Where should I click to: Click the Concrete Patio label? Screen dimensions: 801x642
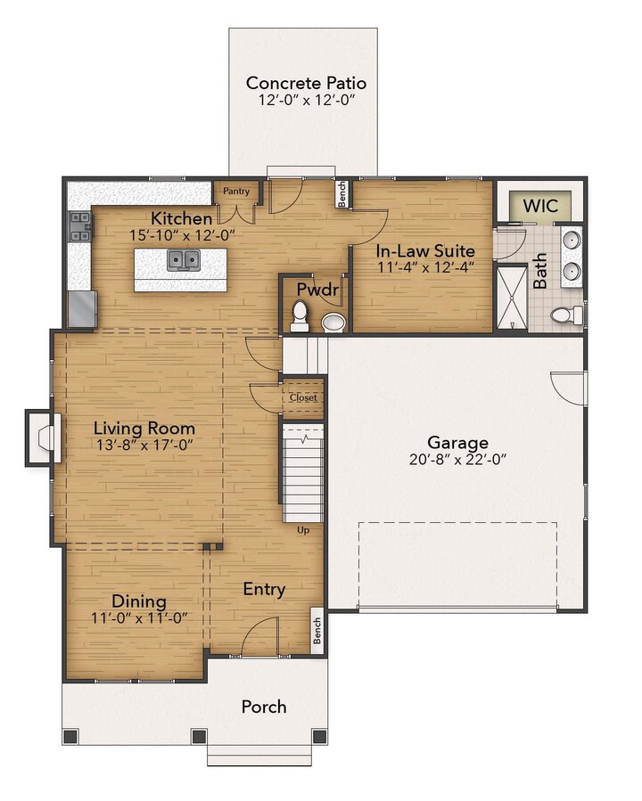click(306, 83)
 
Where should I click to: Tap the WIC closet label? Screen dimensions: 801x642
click(539, 205)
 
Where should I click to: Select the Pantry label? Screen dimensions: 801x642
click(236, 191)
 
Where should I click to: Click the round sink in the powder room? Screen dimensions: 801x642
click(333, 322)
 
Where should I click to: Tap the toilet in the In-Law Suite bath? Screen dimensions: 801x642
click(564, 315)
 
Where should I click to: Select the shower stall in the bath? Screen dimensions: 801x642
click(511, 297)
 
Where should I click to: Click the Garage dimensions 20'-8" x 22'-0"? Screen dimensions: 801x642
click(457, 461)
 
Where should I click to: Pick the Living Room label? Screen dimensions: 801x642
click(144, 429)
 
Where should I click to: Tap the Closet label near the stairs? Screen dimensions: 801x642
click(302, 398)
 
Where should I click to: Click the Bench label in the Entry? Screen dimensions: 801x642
click(316, 630)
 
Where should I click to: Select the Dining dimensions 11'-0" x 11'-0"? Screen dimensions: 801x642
click(138, 618)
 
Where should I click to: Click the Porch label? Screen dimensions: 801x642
click(264, 707)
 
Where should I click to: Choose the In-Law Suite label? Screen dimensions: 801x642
click(424, 250)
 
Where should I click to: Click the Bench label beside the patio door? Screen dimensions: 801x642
click(342, 194)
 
